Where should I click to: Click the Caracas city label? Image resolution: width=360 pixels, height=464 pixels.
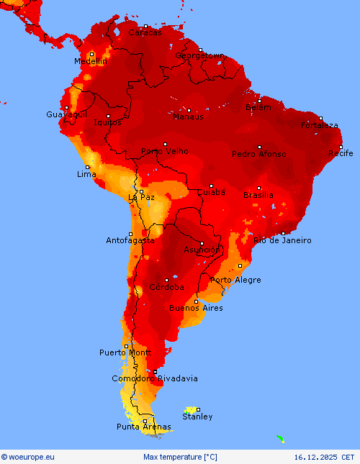click(145, 32)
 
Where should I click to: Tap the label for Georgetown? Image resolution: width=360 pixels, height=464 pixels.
click(200, 55)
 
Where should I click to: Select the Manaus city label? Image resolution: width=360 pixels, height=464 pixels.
click(188, 117)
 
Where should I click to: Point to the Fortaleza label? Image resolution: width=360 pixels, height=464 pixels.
click(320, 125)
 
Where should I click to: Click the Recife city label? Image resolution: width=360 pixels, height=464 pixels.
click(341, 153)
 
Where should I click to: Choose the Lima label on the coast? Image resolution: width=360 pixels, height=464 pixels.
click(86, 175)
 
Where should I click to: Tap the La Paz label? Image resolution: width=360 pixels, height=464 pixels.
click(141, 197)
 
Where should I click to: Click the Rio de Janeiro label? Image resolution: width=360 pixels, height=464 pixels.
click(283, 240)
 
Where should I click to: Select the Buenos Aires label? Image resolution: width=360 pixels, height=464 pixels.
click(196, 308)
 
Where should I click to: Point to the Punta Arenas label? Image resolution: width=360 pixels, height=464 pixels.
click(145, 427)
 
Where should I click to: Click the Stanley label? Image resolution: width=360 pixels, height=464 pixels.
click(197, 417)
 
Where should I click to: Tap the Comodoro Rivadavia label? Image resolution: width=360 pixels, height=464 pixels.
click(155, 378)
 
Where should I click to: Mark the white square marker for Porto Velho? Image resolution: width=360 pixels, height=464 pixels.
click(165, 144)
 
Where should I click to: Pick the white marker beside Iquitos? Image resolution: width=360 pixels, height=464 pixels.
click(109, 116)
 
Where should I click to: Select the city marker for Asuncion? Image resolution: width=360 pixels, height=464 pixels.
click(202, 243)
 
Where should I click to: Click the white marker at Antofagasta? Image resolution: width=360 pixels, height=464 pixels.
click(130, 234)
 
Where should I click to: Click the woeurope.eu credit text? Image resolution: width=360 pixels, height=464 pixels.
click(28, 457)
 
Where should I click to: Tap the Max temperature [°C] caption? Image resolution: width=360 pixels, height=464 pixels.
click(180, 457)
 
